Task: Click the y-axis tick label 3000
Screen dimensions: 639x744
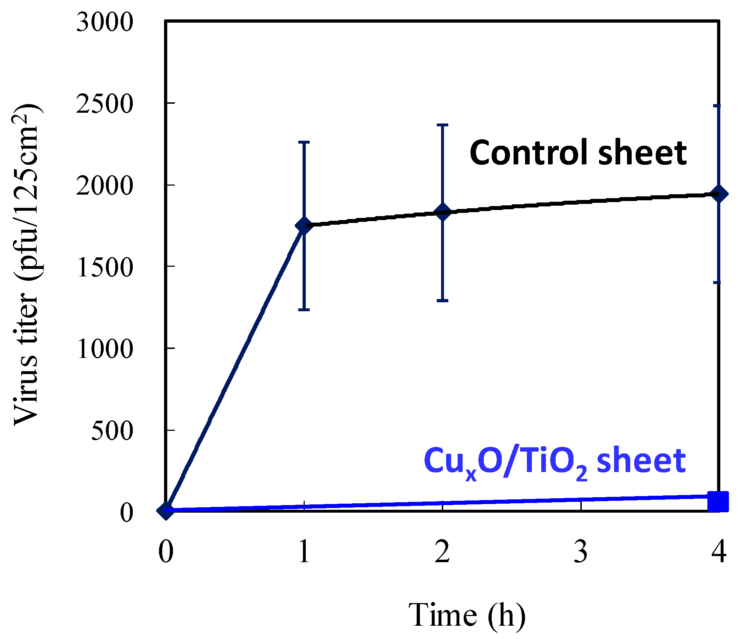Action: (x=104, y=22)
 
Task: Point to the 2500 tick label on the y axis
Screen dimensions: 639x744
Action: (x=104, y=104)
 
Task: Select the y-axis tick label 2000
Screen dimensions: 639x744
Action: (x=104, y=186)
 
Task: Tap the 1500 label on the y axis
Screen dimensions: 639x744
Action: (x=104, y=267)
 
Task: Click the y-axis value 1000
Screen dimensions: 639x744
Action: (x=104, y=349)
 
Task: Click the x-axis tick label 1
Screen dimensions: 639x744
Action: (x=304, y=551)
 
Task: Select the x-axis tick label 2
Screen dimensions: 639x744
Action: (x=443, y=551)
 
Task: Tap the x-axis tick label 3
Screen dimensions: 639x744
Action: (x=581, y=551)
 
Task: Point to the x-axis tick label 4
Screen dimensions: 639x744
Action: (x=719, y=551)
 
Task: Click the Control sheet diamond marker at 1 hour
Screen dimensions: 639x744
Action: (x=304, y=225)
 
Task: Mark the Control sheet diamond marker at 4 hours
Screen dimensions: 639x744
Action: (x=719, y=194)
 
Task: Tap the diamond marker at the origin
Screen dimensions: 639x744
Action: (x=166, y=510)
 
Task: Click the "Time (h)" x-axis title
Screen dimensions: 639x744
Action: (x=467, y=615)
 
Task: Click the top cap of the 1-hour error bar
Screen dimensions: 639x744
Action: (x=304, y=142)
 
